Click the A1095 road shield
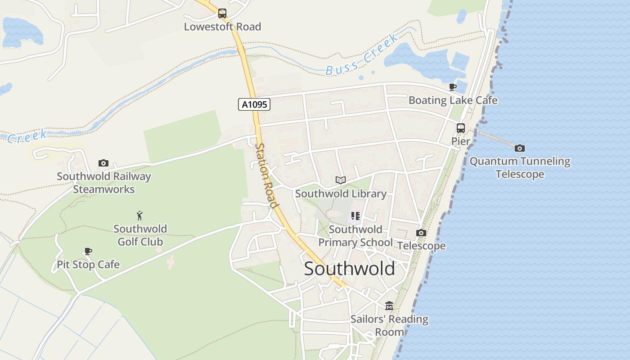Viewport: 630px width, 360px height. point(254,104)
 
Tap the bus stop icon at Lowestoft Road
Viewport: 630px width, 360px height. point(222,13)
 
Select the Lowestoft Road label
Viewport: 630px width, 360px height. point(222,27)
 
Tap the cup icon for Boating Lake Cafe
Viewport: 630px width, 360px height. point(453,87)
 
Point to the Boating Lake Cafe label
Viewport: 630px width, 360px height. point(453,100)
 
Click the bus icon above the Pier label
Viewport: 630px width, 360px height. point(461,128)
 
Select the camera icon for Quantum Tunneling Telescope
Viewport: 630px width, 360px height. point(520,148)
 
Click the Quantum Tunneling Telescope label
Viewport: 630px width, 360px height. point(520,167)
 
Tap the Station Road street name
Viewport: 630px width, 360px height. point(266,175)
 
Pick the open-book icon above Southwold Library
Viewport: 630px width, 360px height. point(341,180)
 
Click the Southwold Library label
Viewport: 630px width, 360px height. point(341,193)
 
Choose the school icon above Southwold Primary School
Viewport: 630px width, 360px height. point(355,216)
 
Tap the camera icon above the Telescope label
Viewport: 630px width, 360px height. point(421,233)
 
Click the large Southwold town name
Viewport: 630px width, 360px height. point(349,269)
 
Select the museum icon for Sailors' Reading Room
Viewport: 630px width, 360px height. point(389,306)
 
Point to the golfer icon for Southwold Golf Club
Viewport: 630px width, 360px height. point(140,216)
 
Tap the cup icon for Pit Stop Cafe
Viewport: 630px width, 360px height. point(88,251)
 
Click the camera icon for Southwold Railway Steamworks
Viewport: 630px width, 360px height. point(103,163)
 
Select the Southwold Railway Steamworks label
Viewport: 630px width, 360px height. point(103,183)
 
